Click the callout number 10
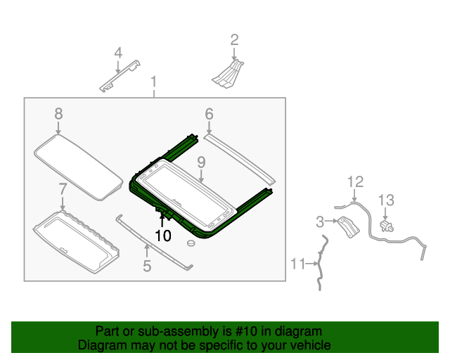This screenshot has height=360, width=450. (x=163, y=236)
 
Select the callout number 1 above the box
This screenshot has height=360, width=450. (x=154, y=82)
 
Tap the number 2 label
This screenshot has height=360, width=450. (x=234, y=40)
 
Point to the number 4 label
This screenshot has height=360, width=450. (x=118, y=53)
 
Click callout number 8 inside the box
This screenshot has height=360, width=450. (x=58, y=114)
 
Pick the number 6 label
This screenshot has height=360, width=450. (x=209, y=114)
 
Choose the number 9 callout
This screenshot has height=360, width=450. (x=201, y=162)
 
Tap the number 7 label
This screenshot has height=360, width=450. (x=63, y=189)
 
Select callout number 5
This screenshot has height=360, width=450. (x=147, y=266)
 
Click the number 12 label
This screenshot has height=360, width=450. (x=355, y=181)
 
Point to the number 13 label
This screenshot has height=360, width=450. (x=386, y=200)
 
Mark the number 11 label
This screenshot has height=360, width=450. (x=297, y=264)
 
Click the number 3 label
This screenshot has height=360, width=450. (x=320, y=222)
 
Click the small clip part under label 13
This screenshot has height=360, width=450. (x=386, y=226)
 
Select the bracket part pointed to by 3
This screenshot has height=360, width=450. (x=348, y=227)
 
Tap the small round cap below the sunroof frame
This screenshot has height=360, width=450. (x=191, y=243)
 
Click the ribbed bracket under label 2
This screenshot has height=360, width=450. (x=228, y=74)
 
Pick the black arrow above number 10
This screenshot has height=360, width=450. (x=162, y=221)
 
